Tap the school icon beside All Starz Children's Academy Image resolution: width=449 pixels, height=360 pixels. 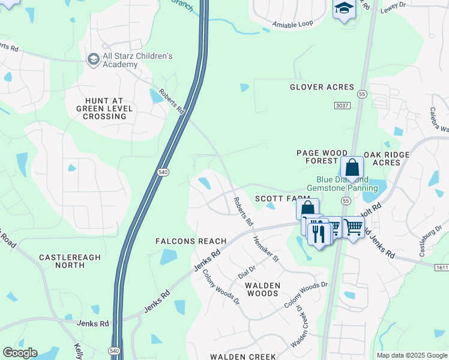[x=93, y=59]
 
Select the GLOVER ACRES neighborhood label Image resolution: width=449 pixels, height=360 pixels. [x=322, y=87]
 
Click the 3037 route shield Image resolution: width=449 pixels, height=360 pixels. [x=342, y=106]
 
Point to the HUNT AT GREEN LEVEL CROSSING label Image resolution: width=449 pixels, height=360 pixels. [x=101, y=109]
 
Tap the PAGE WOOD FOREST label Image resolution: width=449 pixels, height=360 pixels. [x=318, y=157]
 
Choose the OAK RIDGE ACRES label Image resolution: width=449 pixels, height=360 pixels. [x=391, y=158]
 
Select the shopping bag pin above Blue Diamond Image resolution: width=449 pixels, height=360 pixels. [x=352, y=167]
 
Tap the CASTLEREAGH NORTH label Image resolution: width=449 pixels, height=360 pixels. [x=70, y=261]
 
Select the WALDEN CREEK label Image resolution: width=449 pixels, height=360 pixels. [x=243, y=356]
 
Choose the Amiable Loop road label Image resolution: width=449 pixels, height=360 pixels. [x=293, y=24]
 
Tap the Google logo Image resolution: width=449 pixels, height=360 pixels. [x=20, y=353]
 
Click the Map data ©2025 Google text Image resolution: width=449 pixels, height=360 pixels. [x=411, y=355]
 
